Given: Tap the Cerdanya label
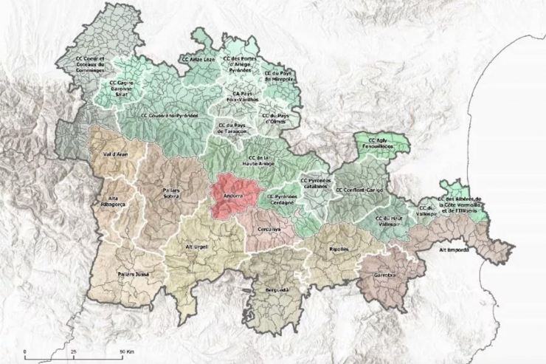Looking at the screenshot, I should coord(260,230).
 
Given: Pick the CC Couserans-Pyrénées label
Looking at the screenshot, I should coord(171,115).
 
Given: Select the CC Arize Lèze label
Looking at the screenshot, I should coord(198,58).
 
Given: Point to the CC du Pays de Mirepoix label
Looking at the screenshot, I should coord(277,78).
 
